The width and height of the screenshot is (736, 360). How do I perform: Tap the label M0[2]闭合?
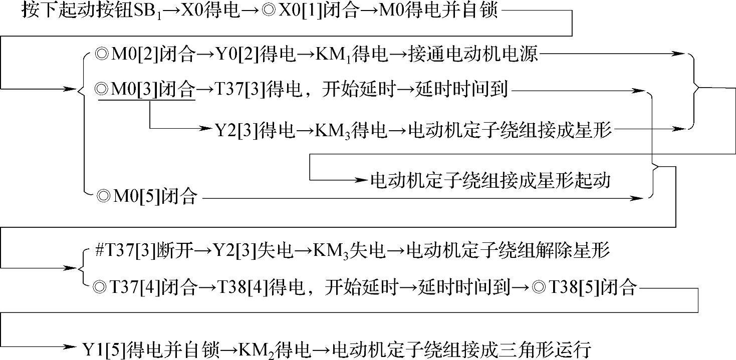[x=145, y=55]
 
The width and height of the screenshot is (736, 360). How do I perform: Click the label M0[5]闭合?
[x=147, y=198]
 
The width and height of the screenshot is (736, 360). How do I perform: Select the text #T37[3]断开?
[x=142, y=250]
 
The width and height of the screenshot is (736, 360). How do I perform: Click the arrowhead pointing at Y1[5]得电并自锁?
[x=70, y=347]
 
